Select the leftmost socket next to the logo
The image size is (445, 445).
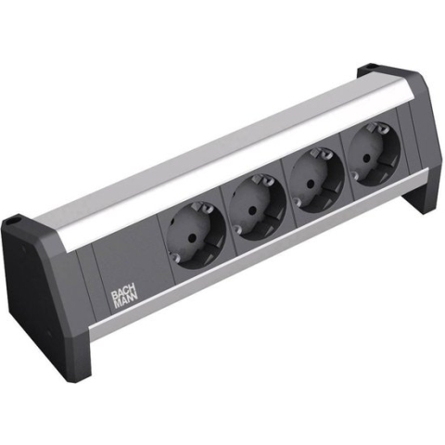click(194, 236)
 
